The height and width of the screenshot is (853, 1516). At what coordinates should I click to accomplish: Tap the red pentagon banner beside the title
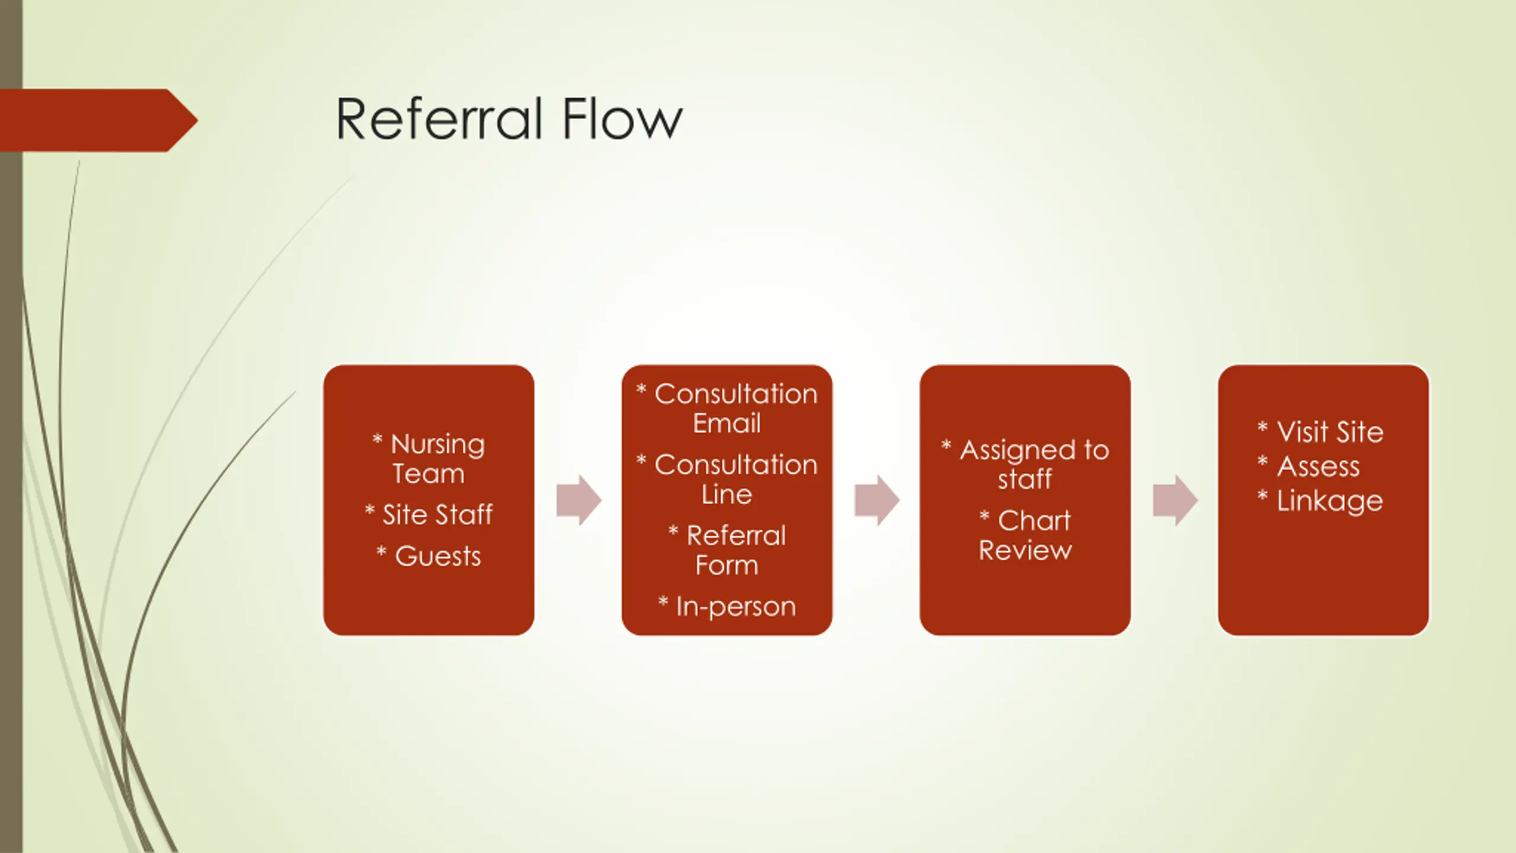95,120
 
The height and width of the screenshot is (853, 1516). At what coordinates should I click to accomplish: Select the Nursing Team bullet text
429,458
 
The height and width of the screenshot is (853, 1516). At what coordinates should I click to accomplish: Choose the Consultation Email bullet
727,408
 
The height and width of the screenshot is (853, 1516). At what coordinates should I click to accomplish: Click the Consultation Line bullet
727,479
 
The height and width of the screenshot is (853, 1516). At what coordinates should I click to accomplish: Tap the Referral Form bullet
727,550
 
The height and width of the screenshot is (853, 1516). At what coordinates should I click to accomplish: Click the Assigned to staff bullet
1026,464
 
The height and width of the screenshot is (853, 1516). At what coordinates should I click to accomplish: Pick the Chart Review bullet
1026,535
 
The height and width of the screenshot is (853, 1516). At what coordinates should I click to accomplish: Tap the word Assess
1318,467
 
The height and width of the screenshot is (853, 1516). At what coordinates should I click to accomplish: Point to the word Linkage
1329,501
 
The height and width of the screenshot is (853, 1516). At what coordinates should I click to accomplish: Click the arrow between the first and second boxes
579,500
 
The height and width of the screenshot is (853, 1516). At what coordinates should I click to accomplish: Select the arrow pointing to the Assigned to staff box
876,500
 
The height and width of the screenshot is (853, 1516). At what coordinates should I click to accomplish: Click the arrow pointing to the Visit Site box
1175,500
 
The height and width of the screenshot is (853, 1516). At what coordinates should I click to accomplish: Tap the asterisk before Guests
381,552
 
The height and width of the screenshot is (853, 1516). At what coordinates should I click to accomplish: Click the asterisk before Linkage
1263,496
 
